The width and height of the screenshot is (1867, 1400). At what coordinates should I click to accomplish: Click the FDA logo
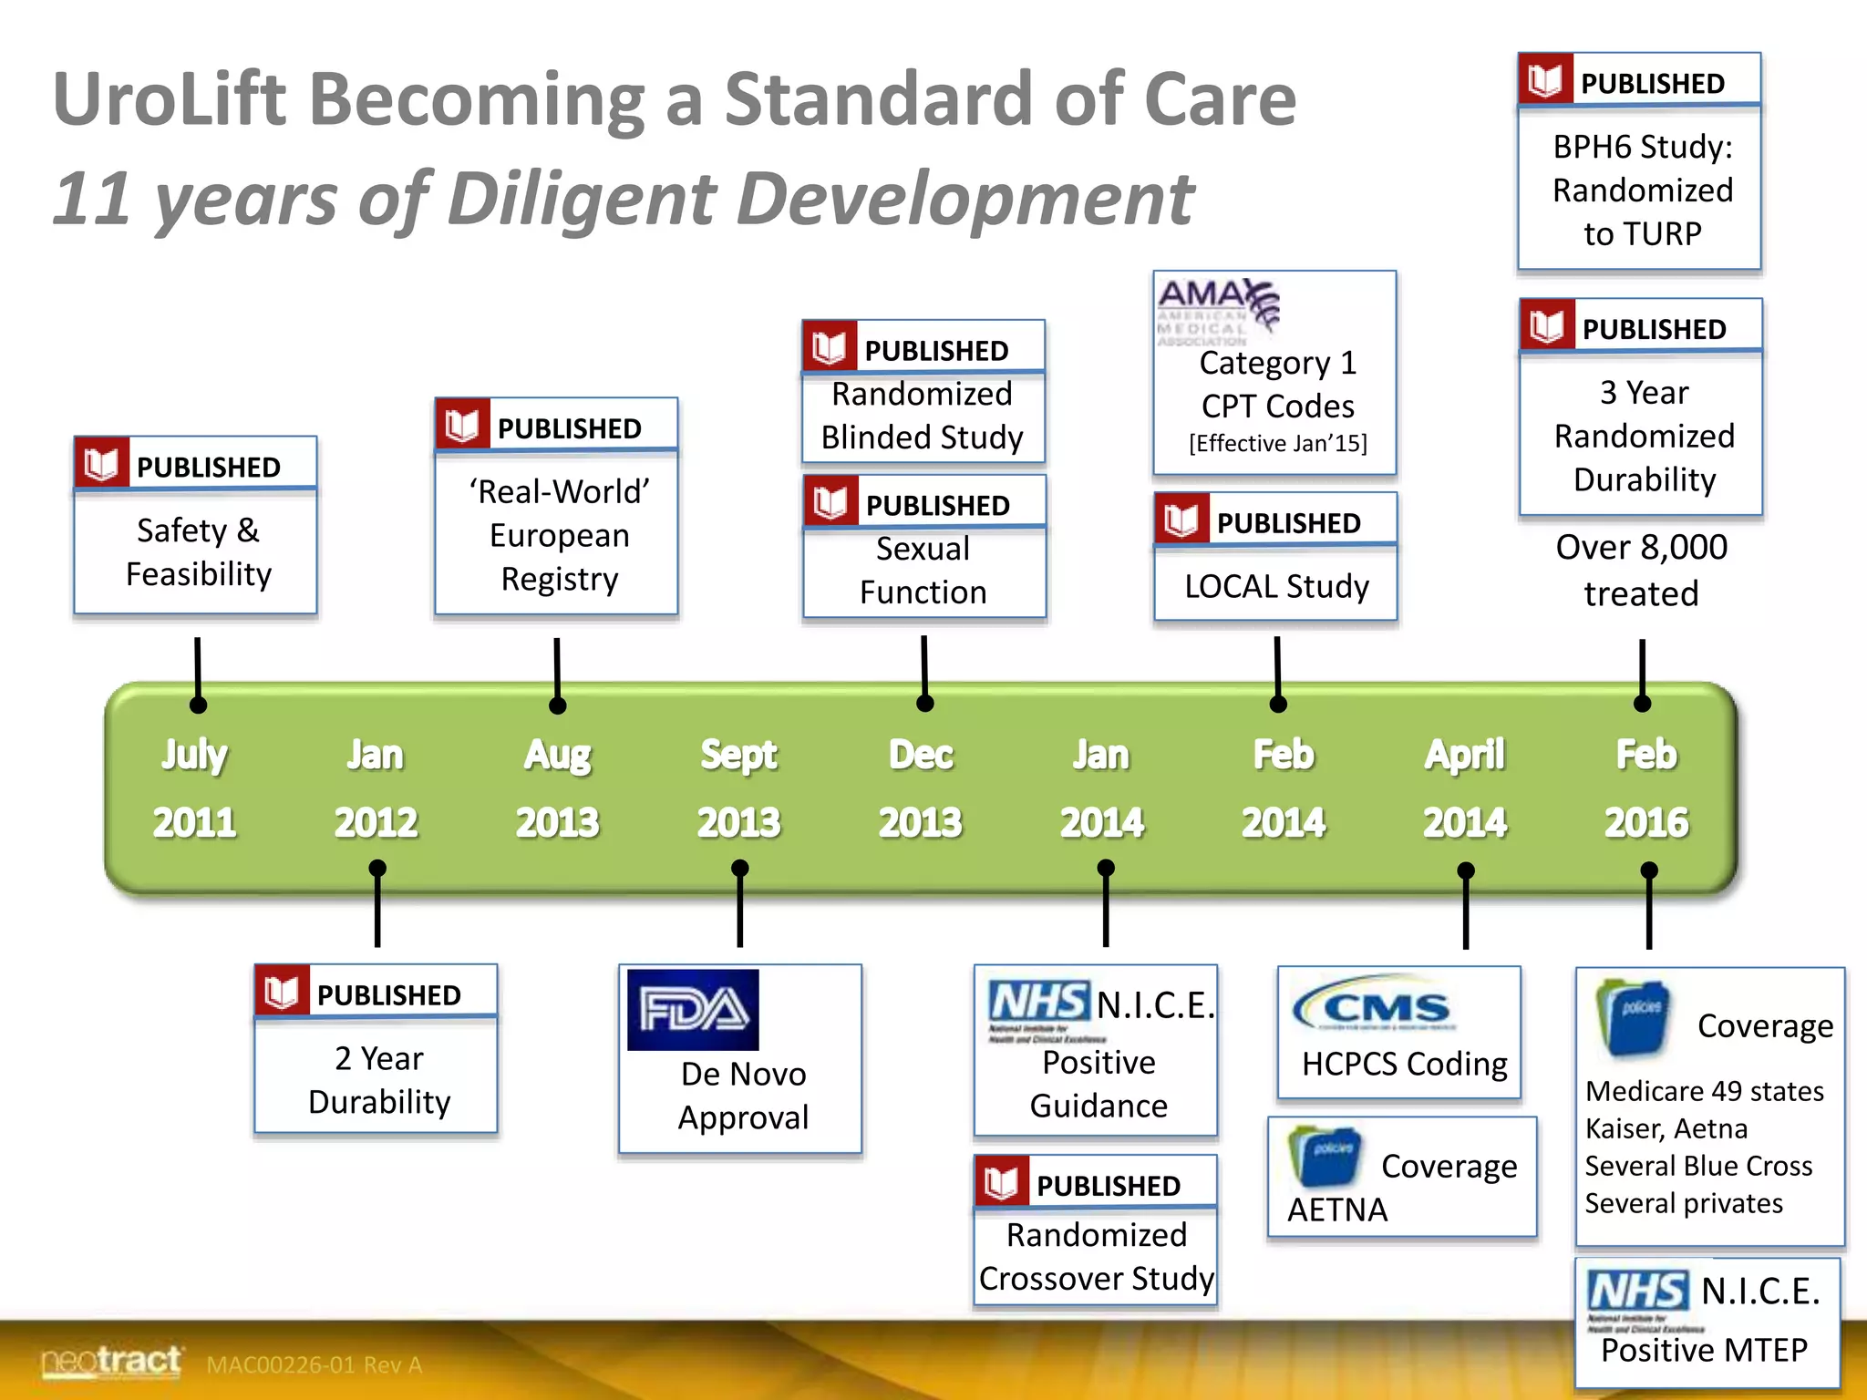pyautogui.click(x=693, y=1010)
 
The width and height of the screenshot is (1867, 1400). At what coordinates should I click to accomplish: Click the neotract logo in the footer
pyautogui.click(x=111, y=1362)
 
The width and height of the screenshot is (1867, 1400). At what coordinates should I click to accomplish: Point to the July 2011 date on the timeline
pyautogui.click(x=194, y=788)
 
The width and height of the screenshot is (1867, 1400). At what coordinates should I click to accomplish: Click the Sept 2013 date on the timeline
pyautogui.click(x=738, y=788)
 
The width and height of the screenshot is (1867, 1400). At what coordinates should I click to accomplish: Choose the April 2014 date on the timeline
pyautogui.click(x=1465, y=788)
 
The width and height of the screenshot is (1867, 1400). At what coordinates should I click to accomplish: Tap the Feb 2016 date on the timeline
pyautogui.click(x=1646, y=788)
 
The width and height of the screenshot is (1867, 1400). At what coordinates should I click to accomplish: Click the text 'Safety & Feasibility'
pyautogui.click(x=198, y=552)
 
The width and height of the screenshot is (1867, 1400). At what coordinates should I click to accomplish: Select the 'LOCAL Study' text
pyautogui.click(x=1276, y=586)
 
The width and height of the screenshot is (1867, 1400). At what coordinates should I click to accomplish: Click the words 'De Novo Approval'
pyautogui.click(x=743, y=1096)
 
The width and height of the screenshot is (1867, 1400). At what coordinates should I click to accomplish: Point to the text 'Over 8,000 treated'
pyautogui.click(x=1641, y=571)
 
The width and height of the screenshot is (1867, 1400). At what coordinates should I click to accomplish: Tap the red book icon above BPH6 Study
pyautogui.click(x=1546, y=80)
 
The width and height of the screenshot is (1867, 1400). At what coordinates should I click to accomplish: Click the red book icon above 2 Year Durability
pyautogui.click(x=282, y=992)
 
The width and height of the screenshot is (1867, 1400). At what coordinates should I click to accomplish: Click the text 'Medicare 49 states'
pyautogui.click(x=1704, y=1091)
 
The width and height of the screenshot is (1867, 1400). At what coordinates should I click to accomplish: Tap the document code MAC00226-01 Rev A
pyautogui.click(x=314, y=1364)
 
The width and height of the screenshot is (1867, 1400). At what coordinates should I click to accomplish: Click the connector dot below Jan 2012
pyautogui.click(x=377, y=869)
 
